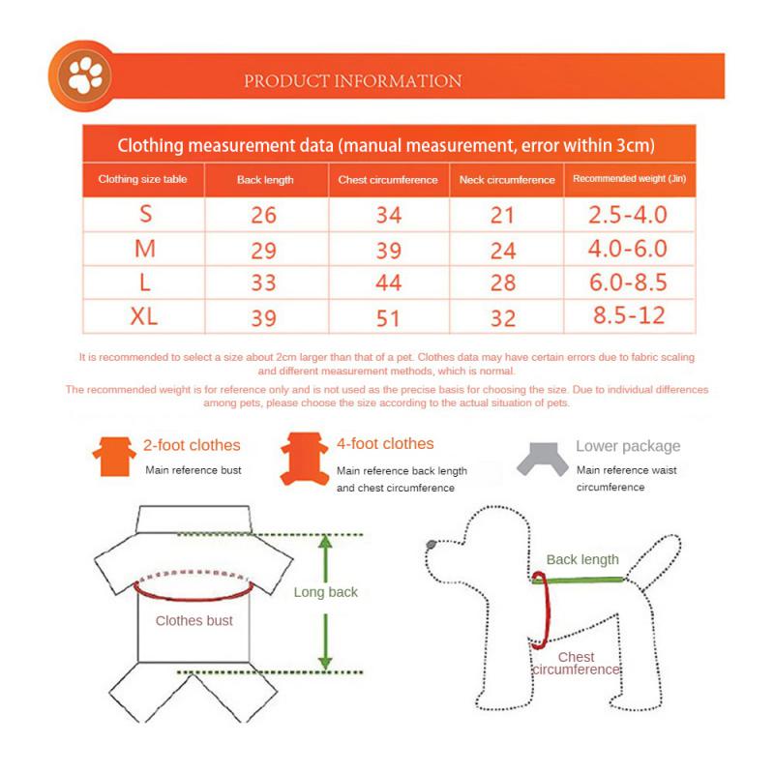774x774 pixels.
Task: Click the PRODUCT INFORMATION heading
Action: point(352,81)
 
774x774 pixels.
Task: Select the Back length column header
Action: point(265,180)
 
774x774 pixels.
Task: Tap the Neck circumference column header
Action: point(506,180)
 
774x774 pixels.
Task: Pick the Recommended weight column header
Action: point(629,179)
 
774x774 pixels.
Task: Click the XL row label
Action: point(145,316)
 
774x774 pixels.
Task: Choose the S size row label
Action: point(145,214)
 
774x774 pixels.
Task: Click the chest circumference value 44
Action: point(388,283)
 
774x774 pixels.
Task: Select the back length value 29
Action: point(263,249)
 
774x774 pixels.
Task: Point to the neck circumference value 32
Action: point(503,317)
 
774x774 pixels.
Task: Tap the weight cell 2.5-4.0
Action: point(628,214)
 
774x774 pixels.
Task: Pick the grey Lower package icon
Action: point(541,457)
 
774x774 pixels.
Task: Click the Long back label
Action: point(325,592)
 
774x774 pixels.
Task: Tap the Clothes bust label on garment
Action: point(193,620)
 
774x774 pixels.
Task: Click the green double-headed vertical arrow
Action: point(326,602)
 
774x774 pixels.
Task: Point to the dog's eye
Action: point(431,547)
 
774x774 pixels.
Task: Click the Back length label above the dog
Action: point(582,559)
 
